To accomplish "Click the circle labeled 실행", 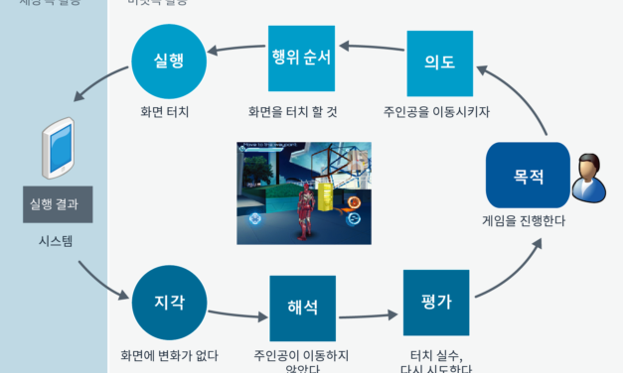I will pyautogui.click(x=168, y=61).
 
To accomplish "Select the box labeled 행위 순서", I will pyautogui.click(x=301, y=57).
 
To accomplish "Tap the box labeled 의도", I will pyautogui.click(x=439, y=62).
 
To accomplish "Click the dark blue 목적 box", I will pyautogui.click(x=528, y=176).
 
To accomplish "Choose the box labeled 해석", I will pyautogui.click(x=302, y=308).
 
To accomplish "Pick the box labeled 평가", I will pyautogui.click(x=436, y=302).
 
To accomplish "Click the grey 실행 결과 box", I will pyautogui.click(x=58, y=204).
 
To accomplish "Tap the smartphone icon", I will pyautogui.click(x=59, y=147).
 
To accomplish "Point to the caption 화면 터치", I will pyautogui.click(x=167, y=111).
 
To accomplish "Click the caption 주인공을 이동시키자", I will pyautogui.click(x=437, y=111).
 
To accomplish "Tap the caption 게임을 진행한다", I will pyautogui.click(x=524, y=221).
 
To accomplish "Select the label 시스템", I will pyautogui.click(x=57, y=240).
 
